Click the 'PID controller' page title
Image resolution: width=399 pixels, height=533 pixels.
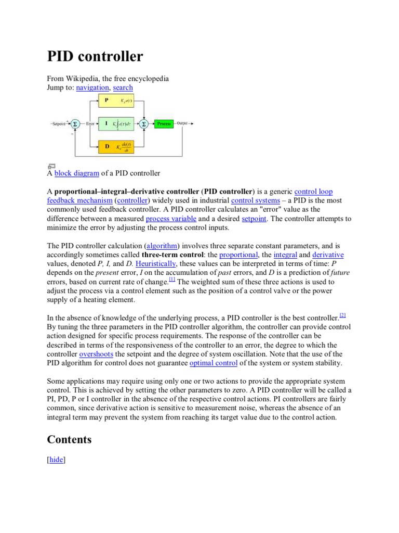(x=95, y=56)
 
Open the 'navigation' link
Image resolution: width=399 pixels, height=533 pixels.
(x=92, y=88)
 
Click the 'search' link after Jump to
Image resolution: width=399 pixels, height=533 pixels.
(x=123, y=88)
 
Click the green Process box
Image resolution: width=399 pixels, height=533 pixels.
(x=164, y=124)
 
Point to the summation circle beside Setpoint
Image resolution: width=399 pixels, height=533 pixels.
(x=74, y=124)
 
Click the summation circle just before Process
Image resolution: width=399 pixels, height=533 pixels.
(x=143, y=124)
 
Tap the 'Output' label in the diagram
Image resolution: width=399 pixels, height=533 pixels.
(x=182, y=123)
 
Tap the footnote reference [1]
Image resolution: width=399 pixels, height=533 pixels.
(x=172, y=280)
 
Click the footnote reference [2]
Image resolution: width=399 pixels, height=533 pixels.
(x=342, y=315)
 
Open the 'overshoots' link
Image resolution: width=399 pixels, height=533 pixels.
(x=96, y=354)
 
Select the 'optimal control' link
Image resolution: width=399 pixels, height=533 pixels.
(x=214, y=363)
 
